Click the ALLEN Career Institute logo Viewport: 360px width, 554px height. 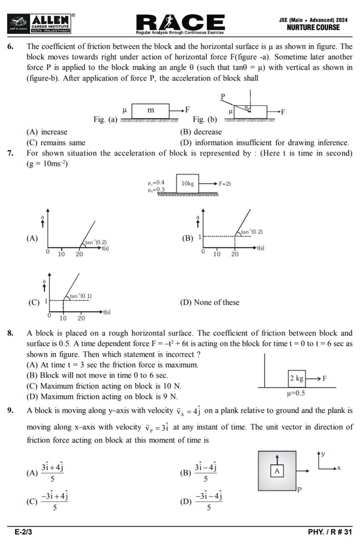point(51,24)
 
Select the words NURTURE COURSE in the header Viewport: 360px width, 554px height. point(313,27)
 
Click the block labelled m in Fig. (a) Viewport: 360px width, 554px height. point(150,110)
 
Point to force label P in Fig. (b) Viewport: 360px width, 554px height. point(223,96)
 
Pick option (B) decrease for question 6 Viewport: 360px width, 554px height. point(201,132)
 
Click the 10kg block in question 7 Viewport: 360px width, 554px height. point(187,183)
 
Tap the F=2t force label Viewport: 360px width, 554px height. point(225,183)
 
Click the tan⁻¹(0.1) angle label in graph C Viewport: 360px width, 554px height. point(81,296)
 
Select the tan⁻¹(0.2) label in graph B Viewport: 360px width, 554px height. point(252,232)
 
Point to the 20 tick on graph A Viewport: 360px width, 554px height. point(79,254)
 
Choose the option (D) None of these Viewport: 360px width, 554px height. point(210,302)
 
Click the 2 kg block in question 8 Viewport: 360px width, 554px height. point(296,378)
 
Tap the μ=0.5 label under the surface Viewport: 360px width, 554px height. point(296,393)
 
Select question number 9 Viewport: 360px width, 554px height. point(11,410)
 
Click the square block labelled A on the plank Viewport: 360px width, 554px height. point(277,471)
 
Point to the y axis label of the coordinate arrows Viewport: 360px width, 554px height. point(323,454)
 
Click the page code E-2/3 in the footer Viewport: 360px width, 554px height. point(23,532)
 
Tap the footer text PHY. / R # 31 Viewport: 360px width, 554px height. point(329,532)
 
